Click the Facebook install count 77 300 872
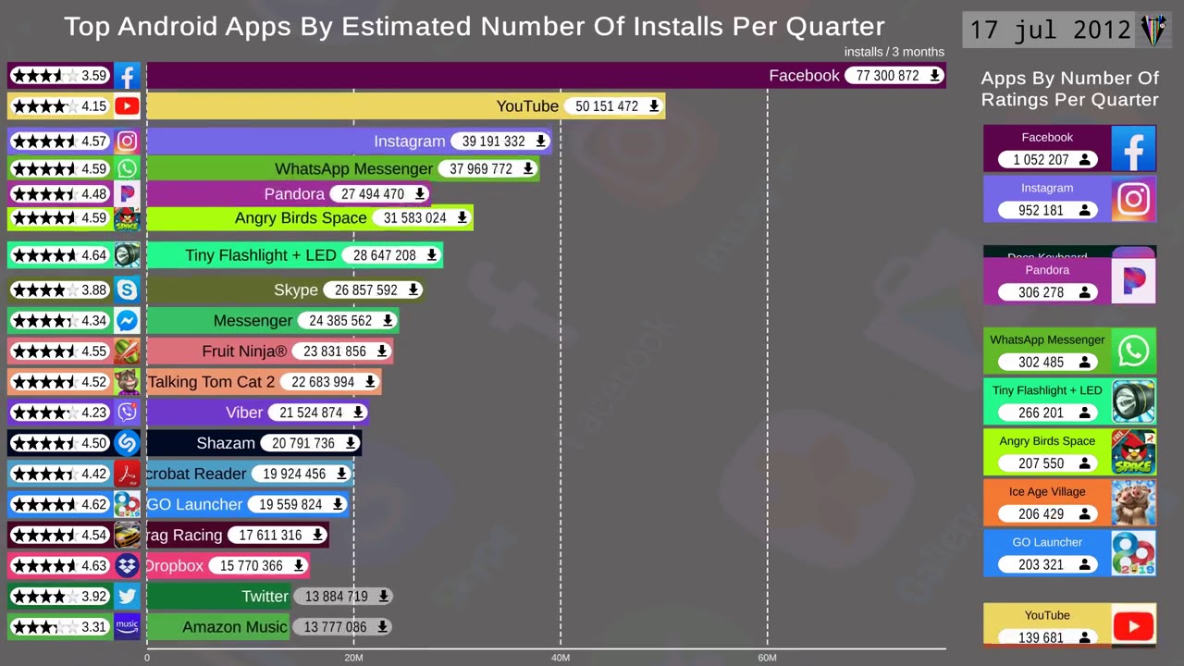pyautogui.click(x=888, y=76)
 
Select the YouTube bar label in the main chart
pyautogui.click(x=527, y=106)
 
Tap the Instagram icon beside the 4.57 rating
pyautogui.click(x=127, y=142)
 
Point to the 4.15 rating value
pyautogui.click(x=94, y=106)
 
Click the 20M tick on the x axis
pyautogui.click(x=353, y=658)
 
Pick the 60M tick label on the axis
pyautogui.click(x=767, y=658)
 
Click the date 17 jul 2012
pyautogui.click(x=1050, y=31)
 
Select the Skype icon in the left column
pyautogui.click(x=127, y=290)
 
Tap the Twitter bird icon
pyautogui.click(x=127, y=597)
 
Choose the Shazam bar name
pyautogui.click(x=226, y=443)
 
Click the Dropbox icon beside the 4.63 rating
pyautogui.click(x=127, y=565)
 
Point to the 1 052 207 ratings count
pyautogui.click(x=1041, y=160)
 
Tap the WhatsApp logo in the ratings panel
pyautogui.click(x=1133, y=351)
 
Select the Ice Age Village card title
pyautogui.click(x=1047, y=492)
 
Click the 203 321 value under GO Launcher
pyautogui.click(x=1041, y=564)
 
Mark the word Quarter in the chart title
pyautogui.click(x=834, y=26)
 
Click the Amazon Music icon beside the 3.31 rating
pyautogui.click(x=127, y=626)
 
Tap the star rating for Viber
pyautogui.click(x=44, y=413)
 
